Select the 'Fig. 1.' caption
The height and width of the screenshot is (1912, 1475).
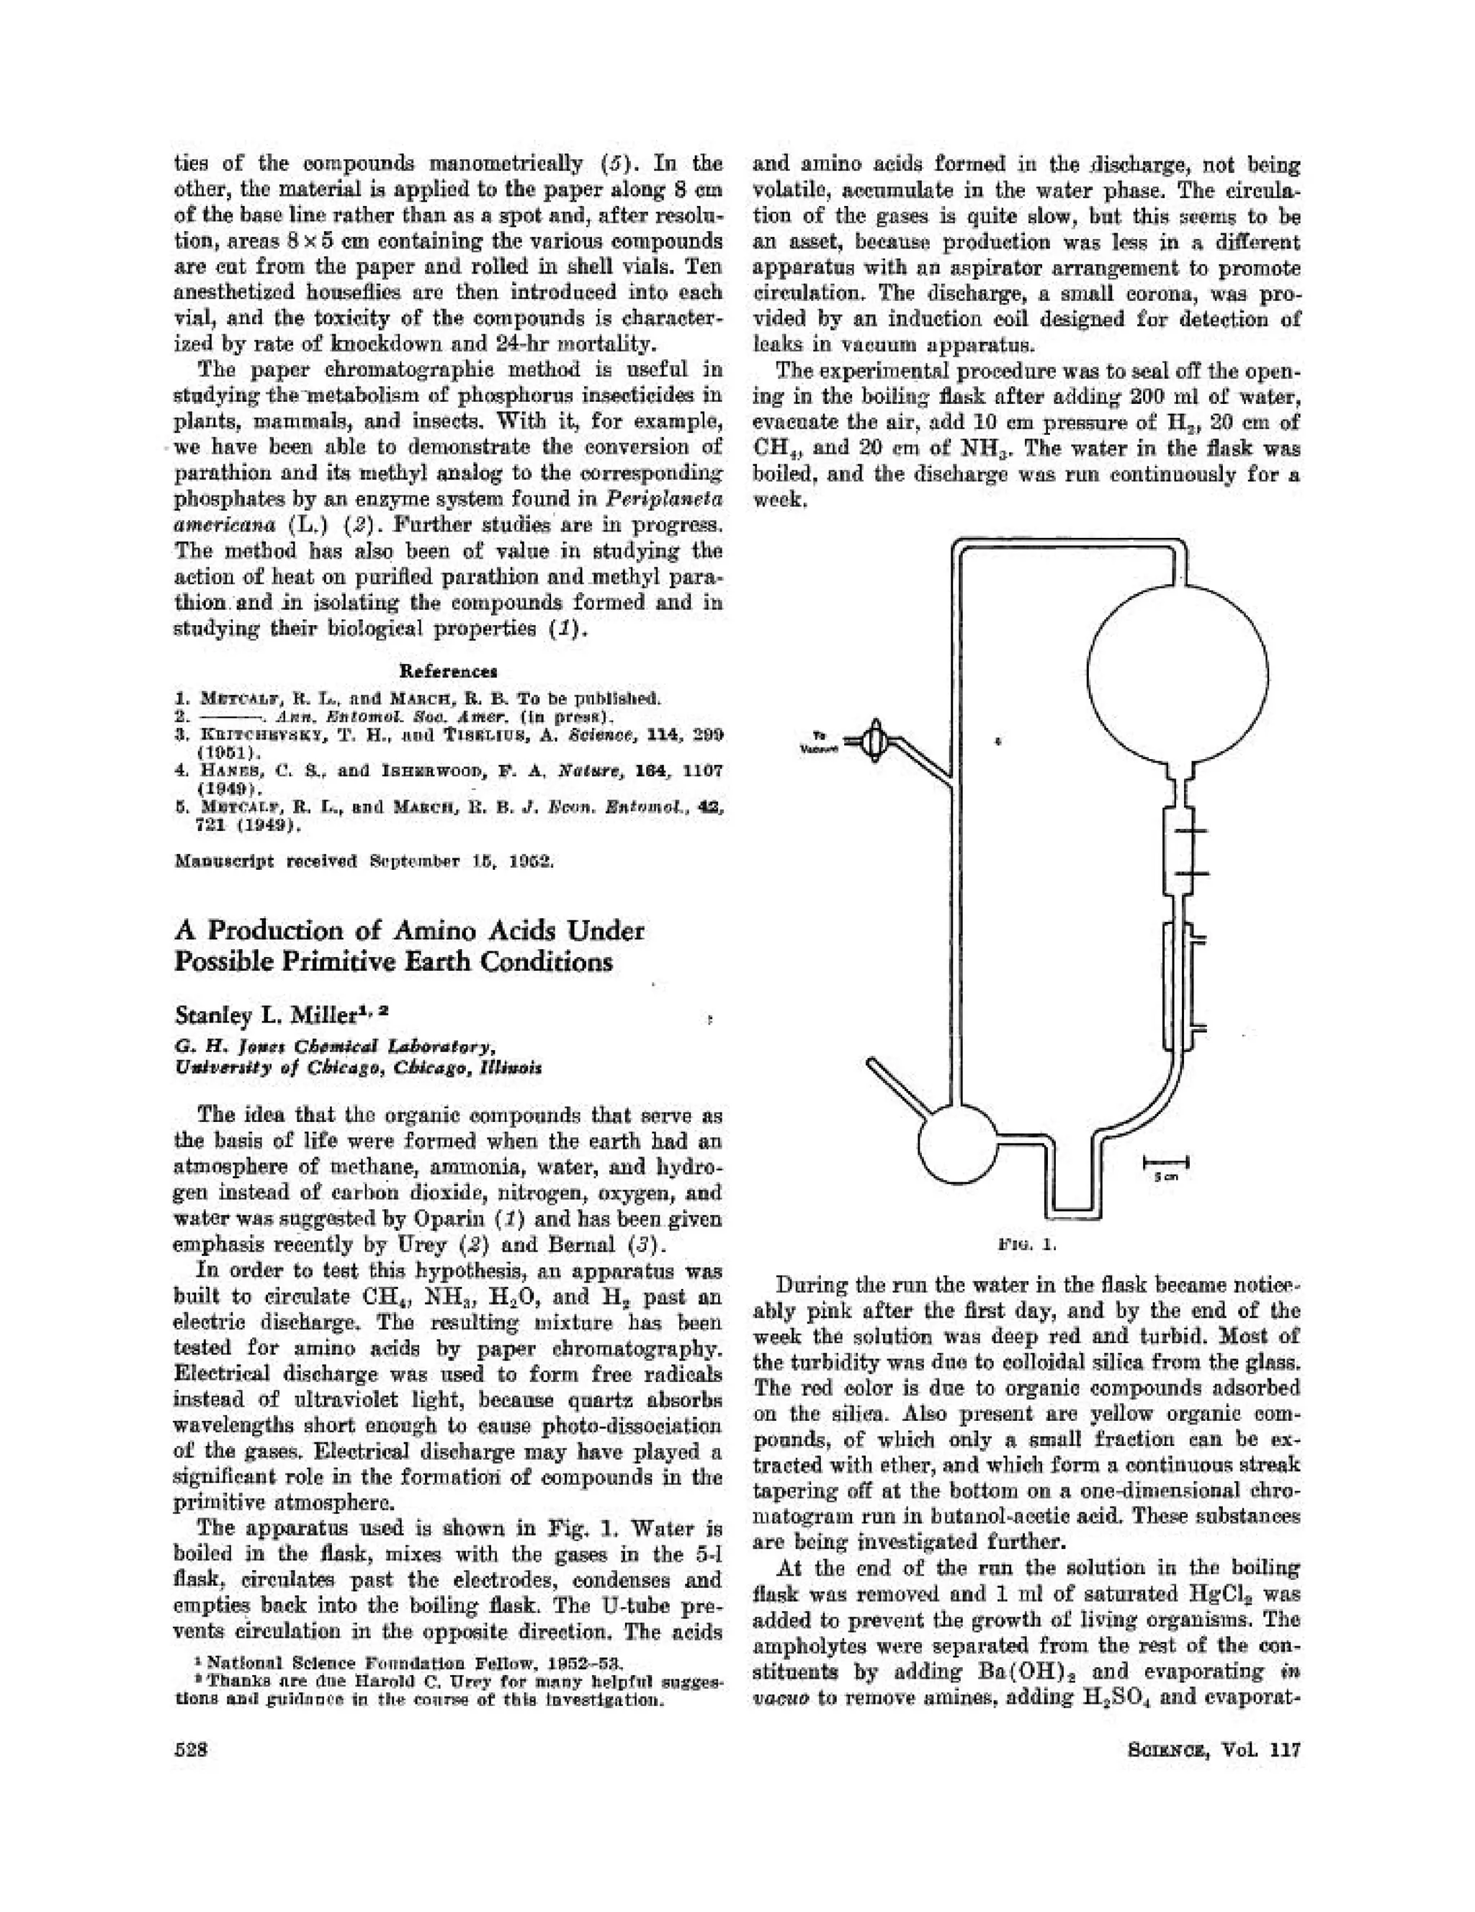[x=1018, y=1243]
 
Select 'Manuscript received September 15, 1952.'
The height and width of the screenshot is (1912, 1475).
[x=363, y=861]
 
